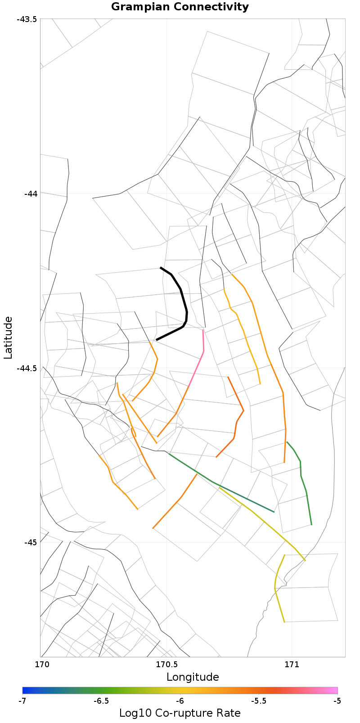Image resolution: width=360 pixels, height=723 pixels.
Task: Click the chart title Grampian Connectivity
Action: pyautogui.click(x=180, y=7)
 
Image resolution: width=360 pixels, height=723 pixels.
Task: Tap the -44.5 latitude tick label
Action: pyautogui.click(x=27, y=368)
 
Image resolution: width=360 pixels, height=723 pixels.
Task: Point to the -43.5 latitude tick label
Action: pyautogui.click(x=27, y=19)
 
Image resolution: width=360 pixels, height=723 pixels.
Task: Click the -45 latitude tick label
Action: pyautogui.click(x=29, y=542)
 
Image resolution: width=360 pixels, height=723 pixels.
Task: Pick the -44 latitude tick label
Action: pyautogui.click(x=29, y=193)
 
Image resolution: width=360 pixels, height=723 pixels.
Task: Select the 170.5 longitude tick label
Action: pyautogui.click(x=166, y=664)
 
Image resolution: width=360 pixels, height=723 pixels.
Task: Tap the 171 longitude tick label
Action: pyautogui.click(x=292, y=664)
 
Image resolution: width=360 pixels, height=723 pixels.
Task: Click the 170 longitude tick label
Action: pyautogui.click(x=41, y=664)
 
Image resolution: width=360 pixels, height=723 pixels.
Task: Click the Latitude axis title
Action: pyautogui.click(x=8, y=337)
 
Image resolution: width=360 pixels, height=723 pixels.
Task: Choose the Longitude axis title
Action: pyautogui.click(x=193, y=677)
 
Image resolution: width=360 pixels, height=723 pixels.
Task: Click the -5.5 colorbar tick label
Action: pyautogui.click(x=259, y=701)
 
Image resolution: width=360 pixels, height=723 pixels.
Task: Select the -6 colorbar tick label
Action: pyautogui.click(x=180, y=701)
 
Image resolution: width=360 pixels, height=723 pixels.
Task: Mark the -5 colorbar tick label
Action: pyautogui.click(x=337, y=701)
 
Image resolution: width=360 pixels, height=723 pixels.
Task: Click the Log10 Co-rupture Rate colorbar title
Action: pyautogui.click(x=180, y=713)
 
